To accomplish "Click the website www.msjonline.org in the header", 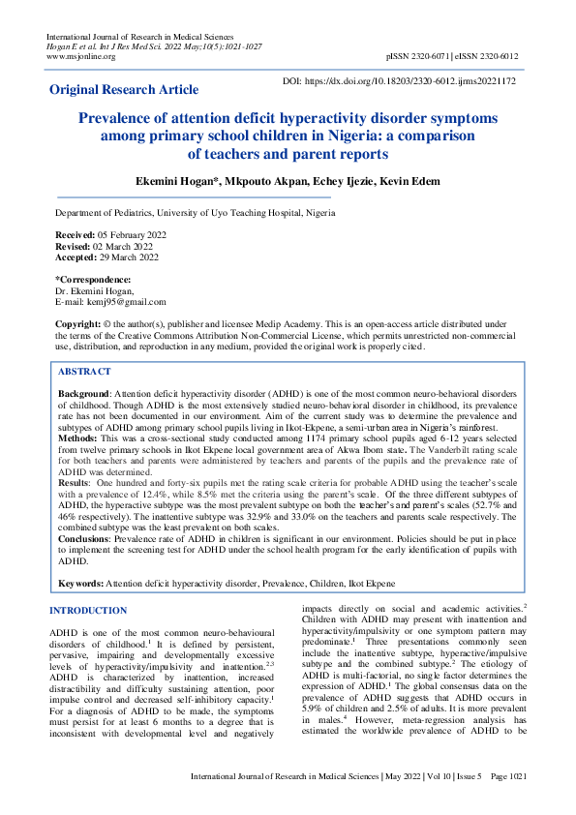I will (81, 56).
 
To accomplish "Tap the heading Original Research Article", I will (124, 90).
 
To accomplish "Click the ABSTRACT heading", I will (84, 372).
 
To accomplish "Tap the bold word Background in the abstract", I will (84, 395).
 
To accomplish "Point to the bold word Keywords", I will (80, 584).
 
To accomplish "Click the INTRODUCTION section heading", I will (88, 611).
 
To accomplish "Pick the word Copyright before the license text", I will (78, 322).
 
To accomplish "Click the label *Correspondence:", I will (93, 279).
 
